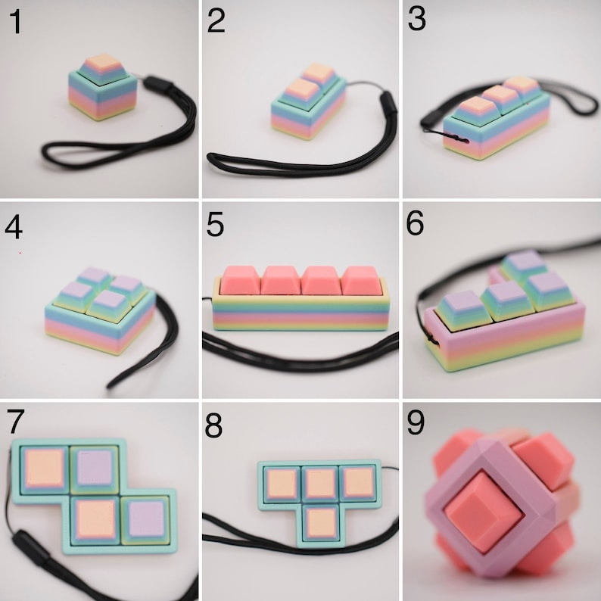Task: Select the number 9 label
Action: tap(416, 424)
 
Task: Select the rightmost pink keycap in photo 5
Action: tap(360, 280)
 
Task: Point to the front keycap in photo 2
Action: tap(300, 88)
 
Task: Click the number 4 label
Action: tap(15, 225)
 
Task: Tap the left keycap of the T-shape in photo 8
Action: tap(281, 481)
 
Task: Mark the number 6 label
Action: tap(416, 225)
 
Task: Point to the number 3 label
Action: tap(416, 21)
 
